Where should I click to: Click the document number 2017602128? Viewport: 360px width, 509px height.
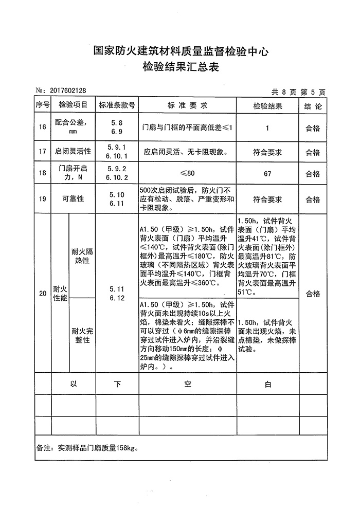click(x=68, y=91)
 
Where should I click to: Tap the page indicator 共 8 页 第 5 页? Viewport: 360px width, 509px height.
click(x=298, y=92)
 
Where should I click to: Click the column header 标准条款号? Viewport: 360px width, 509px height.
click(x=117, y=105)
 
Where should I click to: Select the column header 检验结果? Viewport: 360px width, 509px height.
click(x=267, y=106)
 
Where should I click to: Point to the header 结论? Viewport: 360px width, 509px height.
click(x=313, y=106)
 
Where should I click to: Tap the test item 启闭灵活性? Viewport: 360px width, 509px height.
click(x=73, y=152)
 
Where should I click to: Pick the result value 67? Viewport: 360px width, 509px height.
click(x=267, y=174)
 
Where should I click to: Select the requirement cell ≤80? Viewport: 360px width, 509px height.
click(x=187, y=174)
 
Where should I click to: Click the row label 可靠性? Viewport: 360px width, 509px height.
click(x=73, y=199)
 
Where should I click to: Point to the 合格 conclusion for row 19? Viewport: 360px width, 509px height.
click(x=313, y=199)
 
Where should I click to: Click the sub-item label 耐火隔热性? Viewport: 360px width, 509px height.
click(x=82, y=256)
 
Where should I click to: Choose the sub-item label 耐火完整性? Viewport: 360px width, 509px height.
click(x=82, y=335)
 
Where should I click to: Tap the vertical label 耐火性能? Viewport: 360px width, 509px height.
click(x=60, y=294)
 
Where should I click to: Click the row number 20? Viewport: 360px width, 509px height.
click(x=43, y=294)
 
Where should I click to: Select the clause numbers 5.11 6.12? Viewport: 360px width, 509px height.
click(x=117, y=294)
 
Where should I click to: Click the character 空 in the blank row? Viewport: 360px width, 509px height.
click(x=188, y=384)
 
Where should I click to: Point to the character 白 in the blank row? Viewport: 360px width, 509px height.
click(x=267, y=384)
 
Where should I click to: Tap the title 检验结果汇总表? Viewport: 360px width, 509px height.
click(x=181, y=67)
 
